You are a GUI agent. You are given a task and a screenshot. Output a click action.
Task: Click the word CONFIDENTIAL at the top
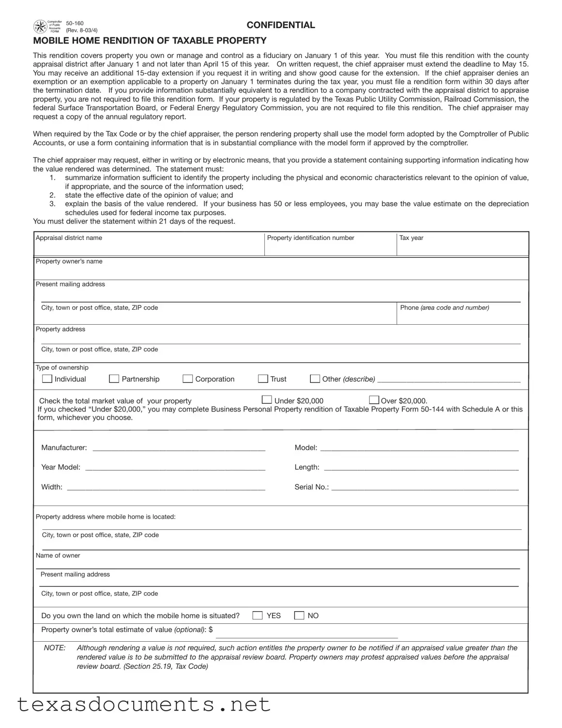(281, 25)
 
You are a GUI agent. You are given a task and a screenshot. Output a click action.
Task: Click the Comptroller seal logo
(40, 27)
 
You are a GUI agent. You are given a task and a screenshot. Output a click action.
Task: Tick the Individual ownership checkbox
(47, 379)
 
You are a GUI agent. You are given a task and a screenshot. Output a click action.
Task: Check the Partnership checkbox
(114, 379)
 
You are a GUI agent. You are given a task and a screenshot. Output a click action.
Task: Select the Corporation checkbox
(188, 379)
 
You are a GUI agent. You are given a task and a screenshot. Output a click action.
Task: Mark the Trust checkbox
(263, 379)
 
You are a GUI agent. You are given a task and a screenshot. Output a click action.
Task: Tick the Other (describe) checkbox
(315, 379)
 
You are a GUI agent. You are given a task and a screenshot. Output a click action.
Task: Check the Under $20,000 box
(267, 400)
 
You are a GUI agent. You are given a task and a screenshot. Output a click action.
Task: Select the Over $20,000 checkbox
(374, 400)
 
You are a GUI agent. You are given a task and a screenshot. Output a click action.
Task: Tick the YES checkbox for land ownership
(258, 616)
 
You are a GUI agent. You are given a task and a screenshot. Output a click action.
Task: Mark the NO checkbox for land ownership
(300, 616)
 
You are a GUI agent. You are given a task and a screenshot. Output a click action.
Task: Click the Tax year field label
(411, 238)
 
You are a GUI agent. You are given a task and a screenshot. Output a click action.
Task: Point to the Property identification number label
(311, 238)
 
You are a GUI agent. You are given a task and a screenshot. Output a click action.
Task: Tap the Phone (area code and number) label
(444, 308)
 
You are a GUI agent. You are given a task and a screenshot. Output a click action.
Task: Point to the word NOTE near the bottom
(55, 648)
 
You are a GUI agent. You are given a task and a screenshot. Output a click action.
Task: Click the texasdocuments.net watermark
(144, 704)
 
